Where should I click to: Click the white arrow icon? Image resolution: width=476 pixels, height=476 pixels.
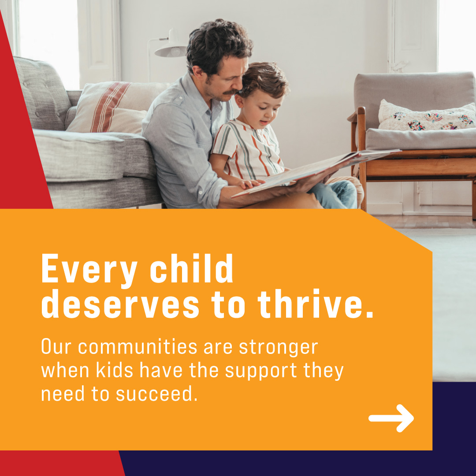click(x=391, y=418)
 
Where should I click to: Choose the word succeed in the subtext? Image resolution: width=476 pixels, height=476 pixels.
click(x=156, y=394)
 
